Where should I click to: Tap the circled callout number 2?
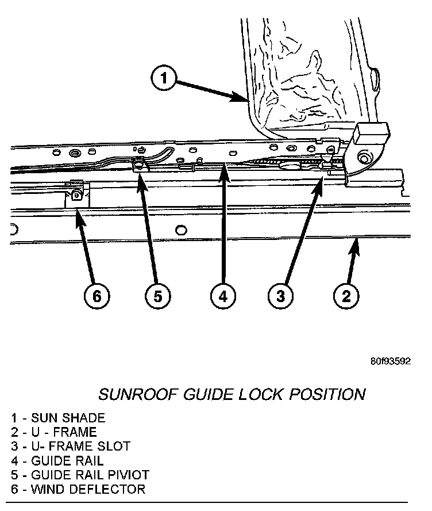click(x=346, y=296)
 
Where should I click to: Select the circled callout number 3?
click(x=280, y=296)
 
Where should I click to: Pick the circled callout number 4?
click(x=222, y=296)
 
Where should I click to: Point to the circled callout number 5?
click(x=157, y=296)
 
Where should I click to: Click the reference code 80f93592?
click(x=390, y=362)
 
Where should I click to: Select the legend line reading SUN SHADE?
click(x=57, y=417)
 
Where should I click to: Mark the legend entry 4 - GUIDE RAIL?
click(x=57, y=460)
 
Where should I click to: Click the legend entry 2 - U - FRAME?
click(x=53, y=432)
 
